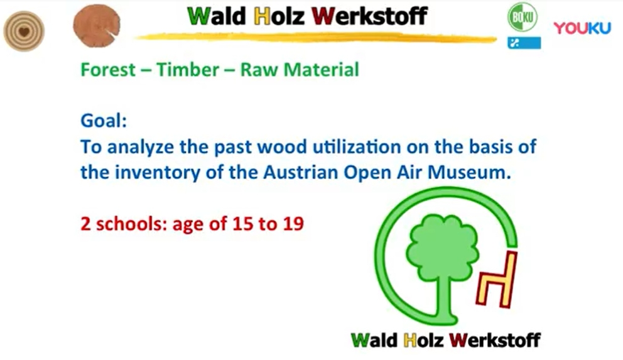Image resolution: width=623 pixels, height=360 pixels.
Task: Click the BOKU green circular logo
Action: coord(523,17)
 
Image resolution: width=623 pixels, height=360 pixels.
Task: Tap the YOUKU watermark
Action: coord(582,28)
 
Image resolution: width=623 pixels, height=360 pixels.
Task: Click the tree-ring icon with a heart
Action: coord(24,31)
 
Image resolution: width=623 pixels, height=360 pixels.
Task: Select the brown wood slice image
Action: coord(97,26)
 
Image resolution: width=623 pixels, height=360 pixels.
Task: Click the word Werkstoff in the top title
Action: coord(369,16)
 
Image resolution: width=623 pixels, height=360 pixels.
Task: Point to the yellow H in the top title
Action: coord(263,17)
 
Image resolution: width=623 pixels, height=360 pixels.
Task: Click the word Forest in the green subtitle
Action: coord(108,70)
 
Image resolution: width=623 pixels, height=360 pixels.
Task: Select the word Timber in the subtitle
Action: coord(188,70)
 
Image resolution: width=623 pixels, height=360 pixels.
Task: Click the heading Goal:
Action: coord(104,121)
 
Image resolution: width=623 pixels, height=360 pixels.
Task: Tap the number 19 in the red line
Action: coord(294,224)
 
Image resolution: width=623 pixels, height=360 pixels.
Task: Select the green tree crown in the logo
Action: coord(442,246)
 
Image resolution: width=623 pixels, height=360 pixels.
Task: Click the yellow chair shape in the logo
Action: coord(497,280)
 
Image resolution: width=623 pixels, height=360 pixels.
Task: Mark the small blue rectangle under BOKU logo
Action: coord(524,43)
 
